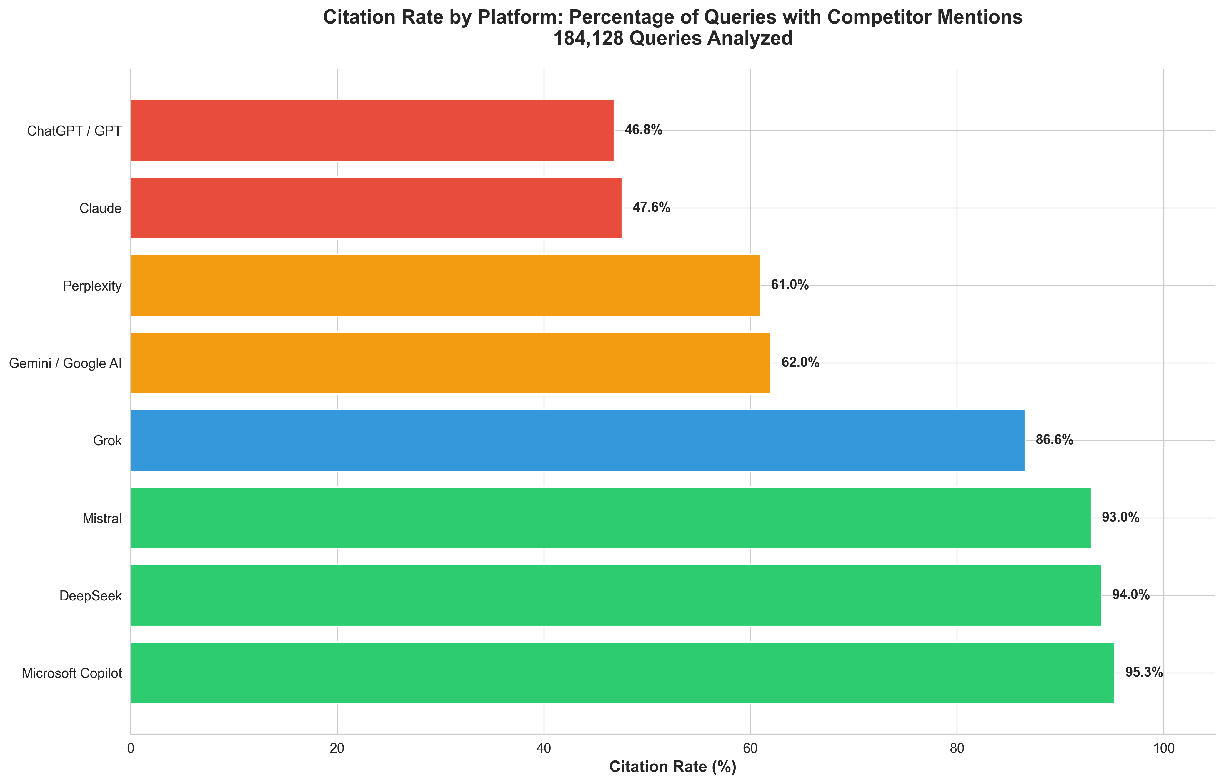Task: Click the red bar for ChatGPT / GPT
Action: pos(372,130)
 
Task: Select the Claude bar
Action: pos(376,208)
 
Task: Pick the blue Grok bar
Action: pos(577,440)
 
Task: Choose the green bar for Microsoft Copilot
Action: pos(622,673)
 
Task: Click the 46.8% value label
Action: pos(643,130)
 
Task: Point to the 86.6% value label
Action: pos(1054,440)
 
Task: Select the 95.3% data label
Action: pos(1144,673)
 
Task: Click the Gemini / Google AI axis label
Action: pos(66,363)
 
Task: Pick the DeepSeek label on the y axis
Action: pos(91,595)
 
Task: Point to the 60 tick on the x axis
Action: pos(750,748)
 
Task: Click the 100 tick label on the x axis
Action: pos(1163,748)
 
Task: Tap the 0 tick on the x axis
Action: pos(131,748)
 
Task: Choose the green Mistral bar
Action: pos(610,518)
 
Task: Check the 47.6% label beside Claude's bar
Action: pos(651,207)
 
